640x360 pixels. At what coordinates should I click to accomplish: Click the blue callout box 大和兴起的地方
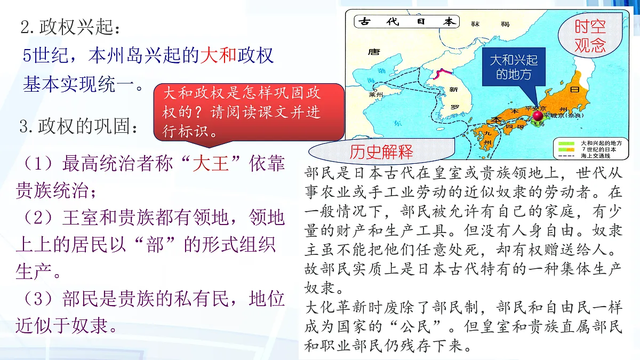[514, 67]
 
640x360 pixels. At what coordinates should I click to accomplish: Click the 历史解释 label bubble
[381, 153]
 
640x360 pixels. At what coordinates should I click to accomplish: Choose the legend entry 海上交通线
[598, 157]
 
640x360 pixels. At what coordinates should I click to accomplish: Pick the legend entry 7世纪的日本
[598, 150]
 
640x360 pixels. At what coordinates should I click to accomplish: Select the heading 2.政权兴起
[67, 27]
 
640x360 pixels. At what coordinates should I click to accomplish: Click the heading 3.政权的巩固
[80, 127]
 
